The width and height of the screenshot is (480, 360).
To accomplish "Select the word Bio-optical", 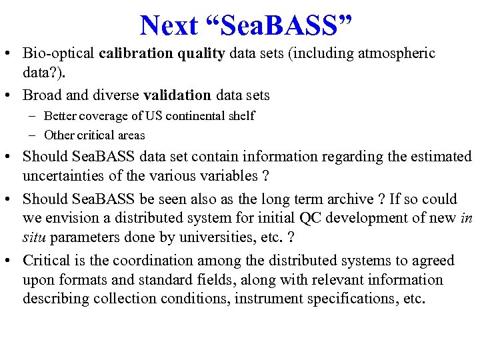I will tap(58, 53).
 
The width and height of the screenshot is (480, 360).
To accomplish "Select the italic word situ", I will tap(34, 237).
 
